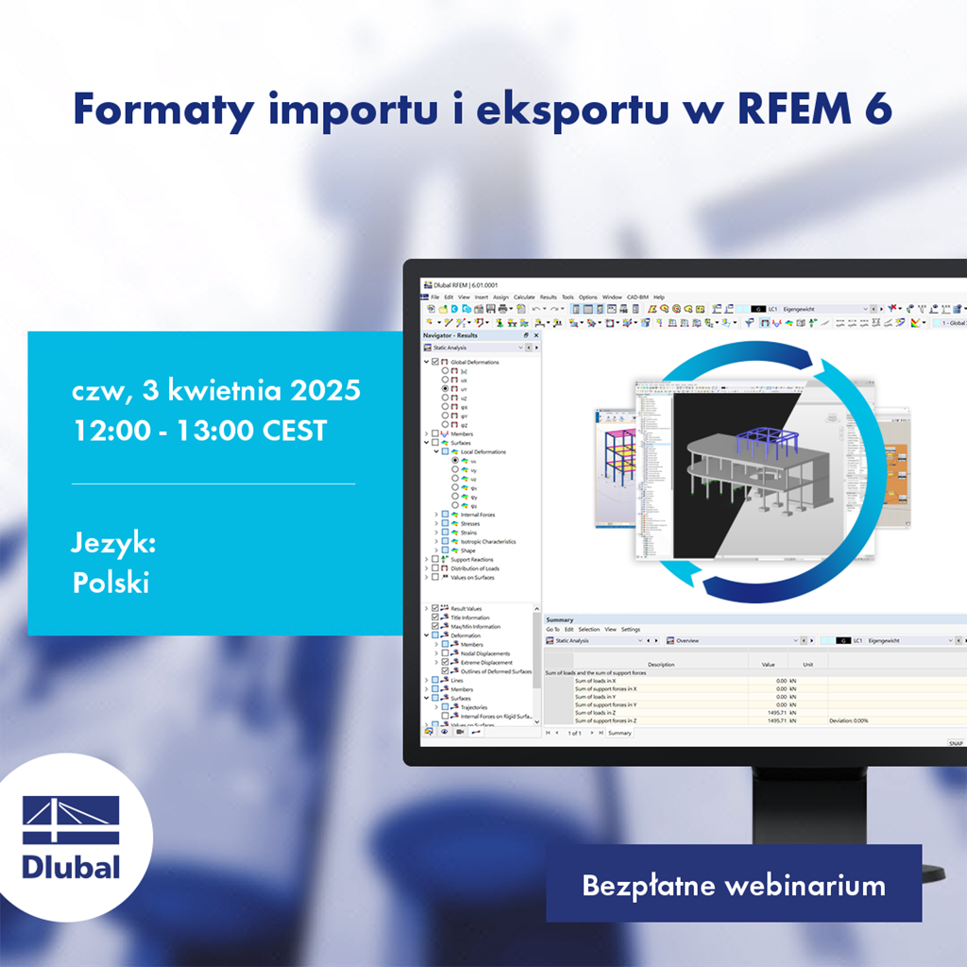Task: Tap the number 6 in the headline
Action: pyautogui.click(x=877, y=110)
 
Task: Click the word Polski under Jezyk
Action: pyautogui.click(x=110, y=583)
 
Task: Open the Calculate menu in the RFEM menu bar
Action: pyautogui.click(x=524, y=297)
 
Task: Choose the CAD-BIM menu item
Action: pyautogui.click(x=637, y=297)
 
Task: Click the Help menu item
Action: pyautogui.click(x=659, y=297)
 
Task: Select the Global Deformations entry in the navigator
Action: pyautogui.click(x=475, y=362)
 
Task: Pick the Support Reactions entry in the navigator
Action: pyautogui.click(x=473, y=559)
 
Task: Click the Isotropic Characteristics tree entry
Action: pyautogui.click(x=488, y=541)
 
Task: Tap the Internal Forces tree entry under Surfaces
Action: pyautogui.click(x=478, y=515)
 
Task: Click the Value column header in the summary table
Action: pyautogui.click(x=768, y=664)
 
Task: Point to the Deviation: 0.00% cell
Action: pyautogui.click(x=850, y=721)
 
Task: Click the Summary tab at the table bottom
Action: pyautogui.click(x=619, y=733)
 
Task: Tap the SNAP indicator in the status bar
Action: pyautogui.click(x=956, y=743)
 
